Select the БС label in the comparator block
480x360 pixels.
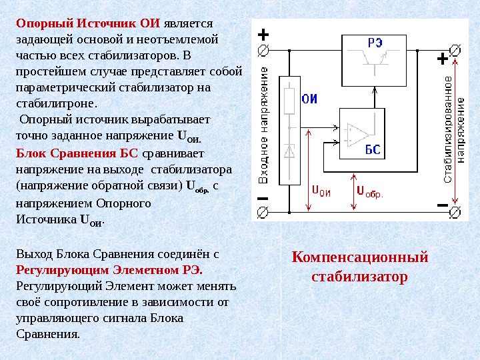tap(373, 150)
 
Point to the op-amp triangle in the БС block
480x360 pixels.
tap(357, 133)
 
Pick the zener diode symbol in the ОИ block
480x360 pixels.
tap(289, 151)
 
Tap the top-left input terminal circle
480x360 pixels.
tap(263, 51)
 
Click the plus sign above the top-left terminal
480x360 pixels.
tap(263, 34)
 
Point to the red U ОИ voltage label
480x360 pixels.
tap(321, 190)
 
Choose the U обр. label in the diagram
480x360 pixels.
tap(368, 192)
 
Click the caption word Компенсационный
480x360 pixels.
tap(360, 257)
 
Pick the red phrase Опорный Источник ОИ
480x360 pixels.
tap(88, 23)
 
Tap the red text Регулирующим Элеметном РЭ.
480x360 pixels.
tap(109, 271)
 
